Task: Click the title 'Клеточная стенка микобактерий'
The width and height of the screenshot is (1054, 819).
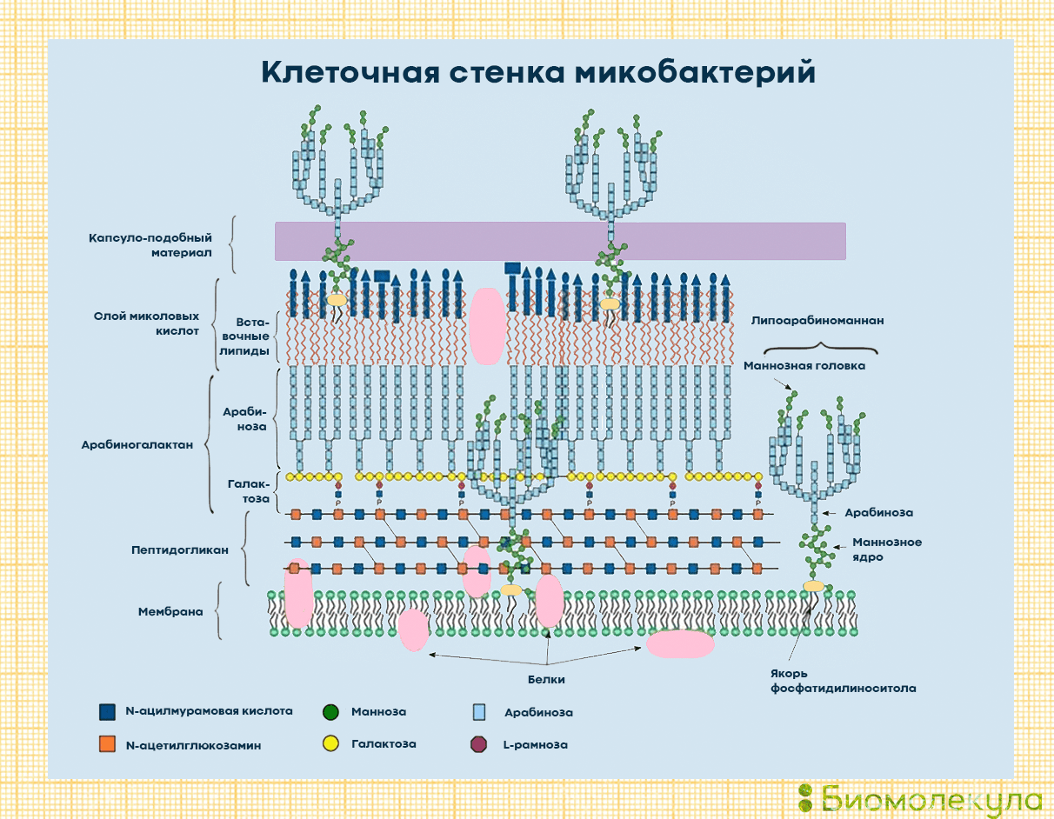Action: [x=538, y=72]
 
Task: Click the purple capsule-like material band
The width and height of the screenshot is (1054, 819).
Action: [x=560, y=241]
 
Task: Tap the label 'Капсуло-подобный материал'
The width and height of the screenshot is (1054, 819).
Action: [x=150, y=245]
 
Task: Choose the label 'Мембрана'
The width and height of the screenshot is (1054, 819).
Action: [x=170, y=611]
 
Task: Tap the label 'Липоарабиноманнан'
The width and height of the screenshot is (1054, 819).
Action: [x=817, y=321]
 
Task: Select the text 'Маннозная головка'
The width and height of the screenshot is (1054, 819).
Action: [x=804, y=366]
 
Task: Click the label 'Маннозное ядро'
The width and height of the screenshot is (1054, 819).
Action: [x=886, y=549]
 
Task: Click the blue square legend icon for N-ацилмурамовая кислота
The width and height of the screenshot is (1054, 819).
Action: [x=108, y=712]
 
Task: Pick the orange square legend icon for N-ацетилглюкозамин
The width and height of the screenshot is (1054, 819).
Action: [x=108, y=744]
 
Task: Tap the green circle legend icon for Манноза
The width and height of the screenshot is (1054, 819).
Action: [x=330, y=712]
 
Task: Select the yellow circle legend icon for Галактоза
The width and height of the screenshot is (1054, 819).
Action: [x=330, y=744]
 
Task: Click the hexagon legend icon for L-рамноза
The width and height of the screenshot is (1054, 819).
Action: [x=477, y=744]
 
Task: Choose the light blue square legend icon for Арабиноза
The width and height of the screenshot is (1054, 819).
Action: [x=478, y=712]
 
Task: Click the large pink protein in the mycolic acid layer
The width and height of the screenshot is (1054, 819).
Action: [x=486, y=326]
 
